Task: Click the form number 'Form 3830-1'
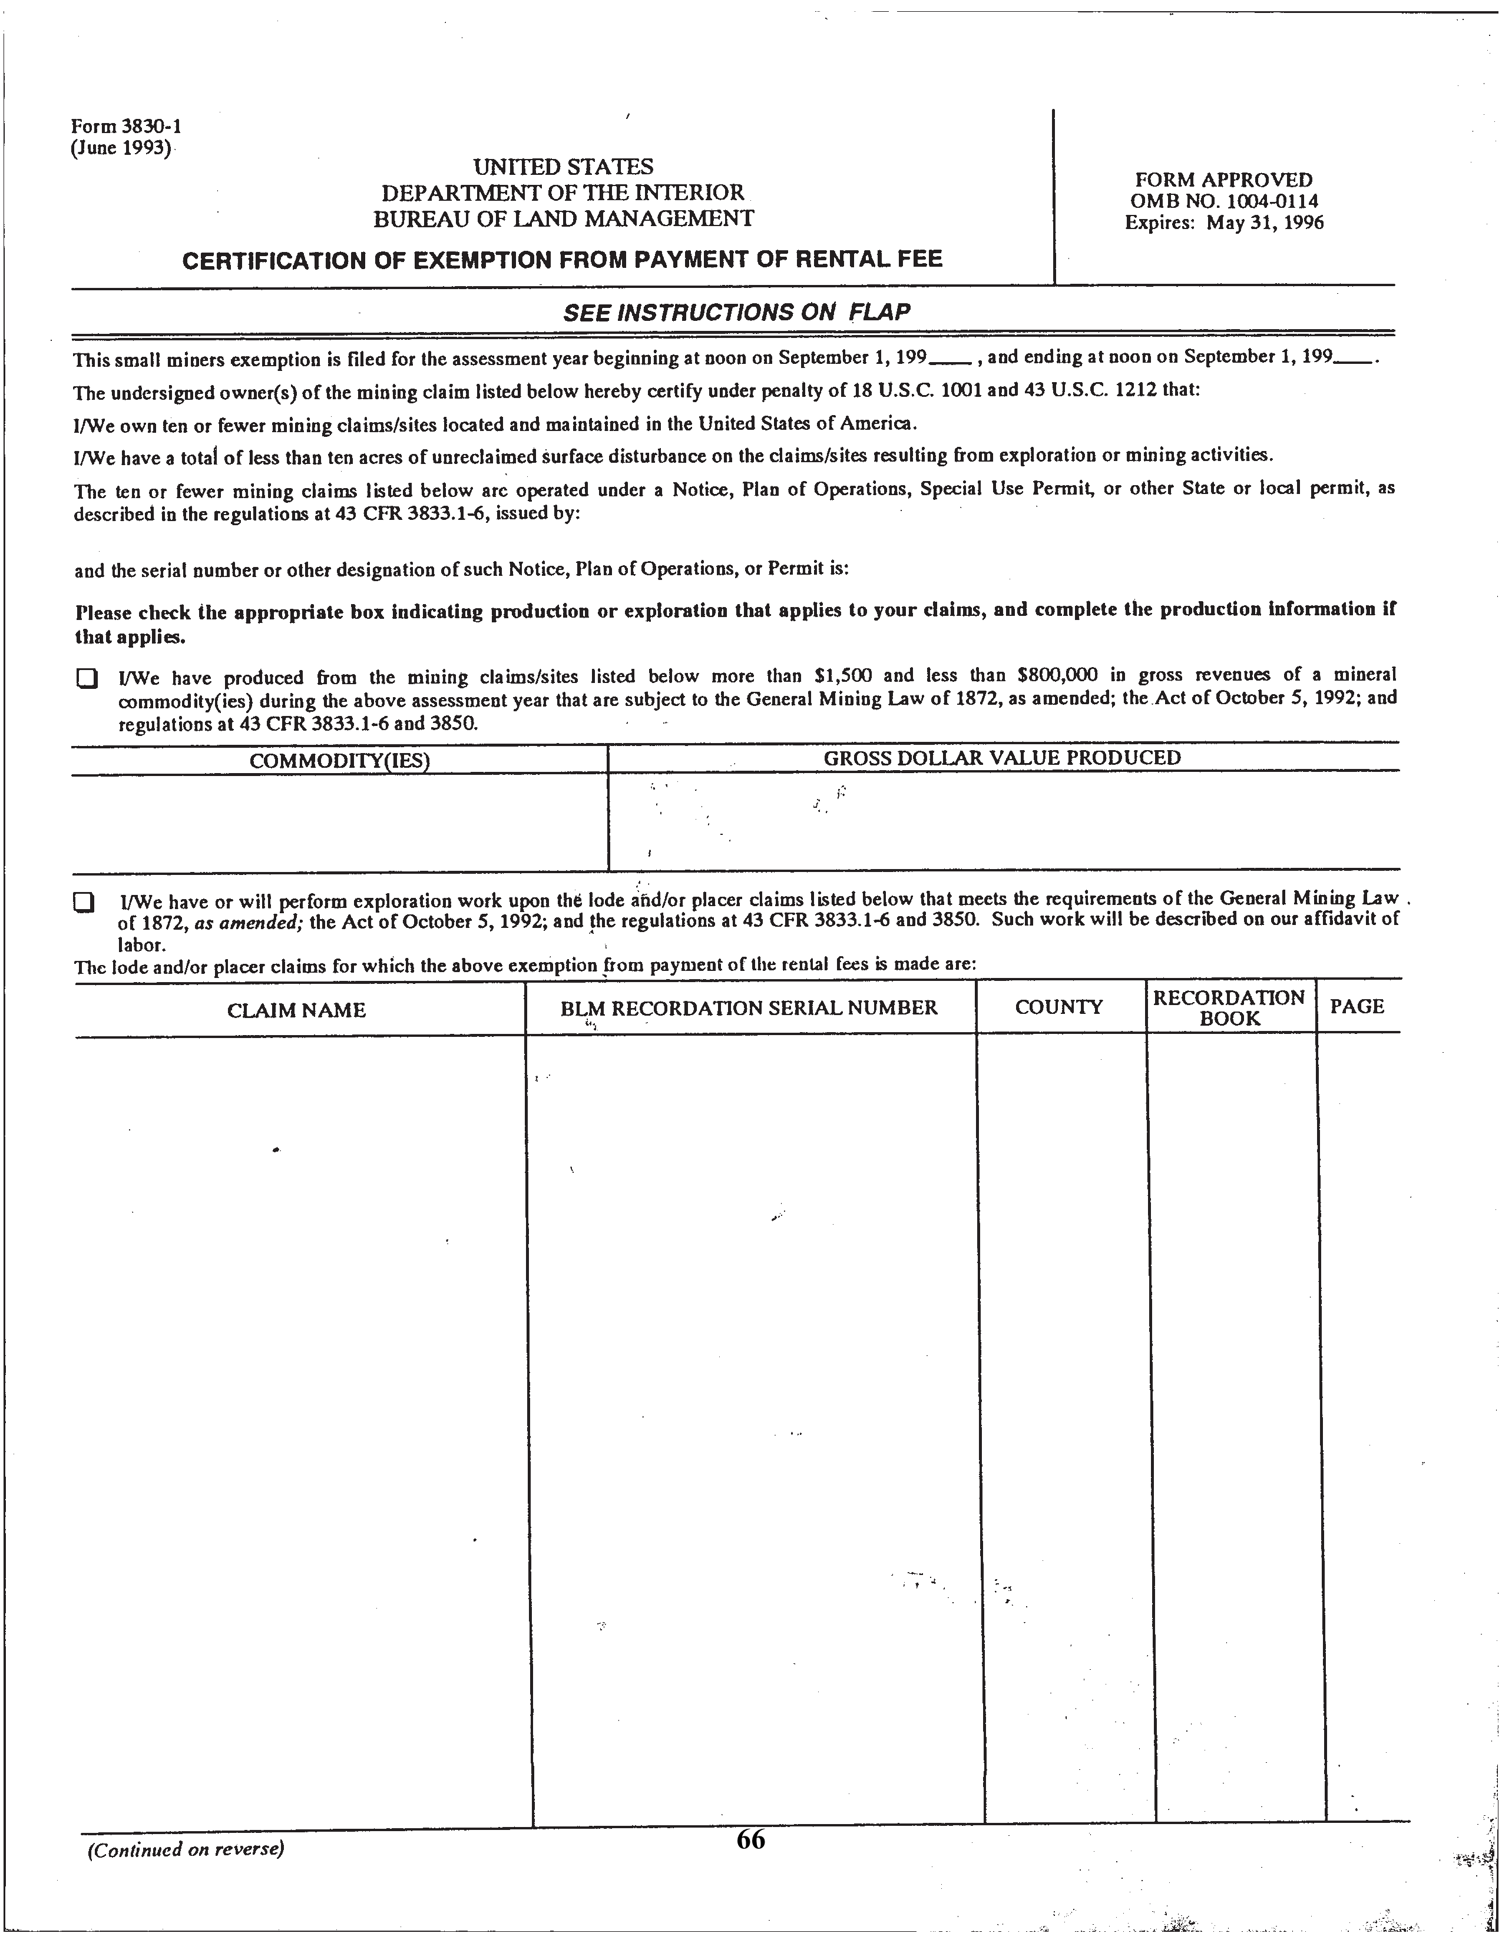127,127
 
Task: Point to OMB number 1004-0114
1223,202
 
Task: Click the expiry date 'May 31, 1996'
1265,223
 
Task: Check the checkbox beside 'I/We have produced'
85,679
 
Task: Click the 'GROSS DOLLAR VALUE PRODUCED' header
1002,757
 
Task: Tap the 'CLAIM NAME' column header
296,1010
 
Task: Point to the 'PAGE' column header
1357,1006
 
